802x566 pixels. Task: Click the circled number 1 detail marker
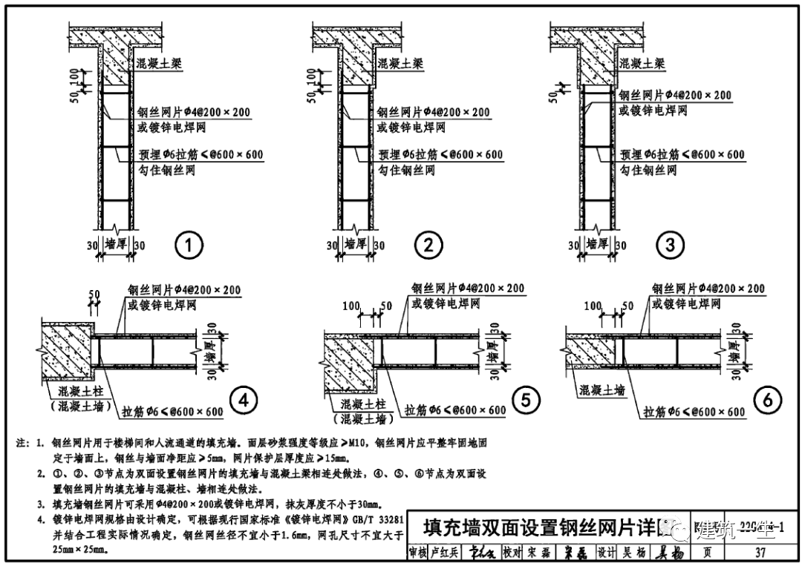click(189, 246)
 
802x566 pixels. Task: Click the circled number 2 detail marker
click(428, 246)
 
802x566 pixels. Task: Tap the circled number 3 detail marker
click(670, 246)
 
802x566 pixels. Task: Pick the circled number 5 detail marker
click(525, 401)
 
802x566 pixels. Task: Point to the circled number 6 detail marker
click(767, 401)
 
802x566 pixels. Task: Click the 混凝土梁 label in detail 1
click(160, 65)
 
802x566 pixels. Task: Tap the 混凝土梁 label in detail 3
click(642, 65)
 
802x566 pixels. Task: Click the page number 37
click(759, 553)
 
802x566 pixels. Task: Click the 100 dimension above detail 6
click(593, 306)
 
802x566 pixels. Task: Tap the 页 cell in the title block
click(707, 553)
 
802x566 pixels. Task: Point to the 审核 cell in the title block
click(418, 553)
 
